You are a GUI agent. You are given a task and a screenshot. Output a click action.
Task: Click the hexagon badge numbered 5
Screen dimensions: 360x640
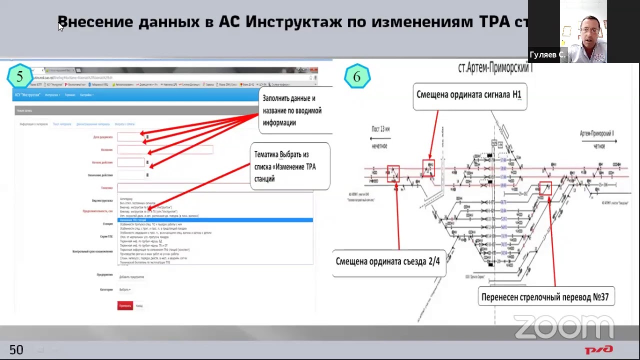click(x=19, y=77)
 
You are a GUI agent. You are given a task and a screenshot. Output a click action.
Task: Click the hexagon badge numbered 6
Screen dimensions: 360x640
click(x=356, y=77)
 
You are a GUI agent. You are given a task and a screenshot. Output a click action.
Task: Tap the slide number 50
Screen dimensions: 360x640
click(x=16, y=349)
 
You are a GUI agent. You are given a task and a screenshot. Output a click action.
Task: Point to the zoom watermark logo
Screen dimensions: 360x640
click(x=563, y=327)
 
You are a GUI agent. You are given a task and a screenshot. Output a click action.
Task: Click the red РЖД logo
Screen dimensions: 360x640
click(x=598, y=349)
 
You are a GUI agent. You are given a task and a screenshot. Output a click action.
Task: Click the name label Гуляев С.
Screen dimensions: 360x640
click(x=547, y=55)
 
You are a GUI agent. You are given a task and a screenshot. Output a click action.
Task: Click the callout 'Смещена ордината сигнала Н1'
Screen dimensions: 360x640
click(x=469, y=95)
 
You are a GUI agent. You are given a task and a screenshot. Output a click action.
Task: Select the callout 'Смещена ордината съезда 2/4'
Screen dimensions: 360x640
click(x=387, y=261)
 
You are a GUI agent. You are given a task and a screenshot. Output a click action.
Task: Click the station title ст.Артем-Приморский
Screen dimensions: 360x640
click(x=495, y=68)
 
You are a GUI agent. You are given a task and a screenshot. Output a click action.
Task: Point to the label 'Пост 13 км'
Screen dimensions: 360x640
click(x=380, y=129)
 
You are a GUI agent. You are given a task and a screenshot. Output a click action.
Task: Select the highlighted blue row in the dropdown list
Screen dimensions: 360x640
click(x=215, y=220)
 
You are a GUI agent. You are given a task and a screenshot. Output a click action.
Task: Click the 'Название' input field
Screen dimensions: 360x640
click(x=165, y=149)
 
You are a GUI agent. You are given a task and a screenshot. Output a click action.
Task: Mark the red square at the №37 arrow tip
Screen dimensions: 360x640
click(x=545, y=188)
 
